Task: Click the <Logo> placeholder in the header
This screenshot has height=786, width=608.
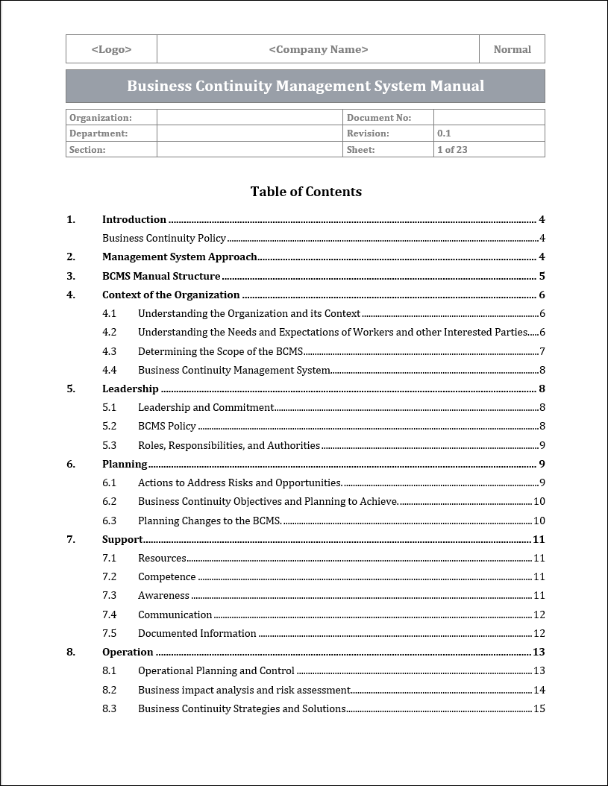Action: tap(111, 49)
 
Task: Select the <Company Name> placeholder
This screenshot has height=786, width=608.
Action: tap(318, 49)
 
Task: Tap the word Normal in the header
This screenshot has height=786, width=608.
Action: tap(512, 49)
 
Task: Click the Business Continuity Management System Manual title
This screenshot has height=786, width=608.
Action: tap(305, 86)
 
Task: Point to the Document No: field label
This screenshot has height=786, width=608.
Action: tap(378, 117)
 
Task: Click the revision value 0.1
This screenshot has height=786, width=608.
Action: tap(444, 133)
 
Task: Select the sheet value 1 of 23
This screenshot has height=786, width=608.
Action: tap(452, 149)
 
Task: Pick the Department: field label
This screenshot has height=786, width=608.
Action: tap(98, 133)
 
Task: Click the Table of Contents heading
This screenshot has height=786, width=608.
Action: tap(306, 192)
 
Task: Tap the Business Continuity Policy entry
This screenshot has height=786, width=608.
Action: tap(164, 239)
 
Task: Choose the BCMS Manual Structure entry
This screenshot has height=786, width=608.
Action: tap(161, 276)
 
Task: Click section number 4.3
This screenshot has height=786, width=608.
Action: tap(109, 351)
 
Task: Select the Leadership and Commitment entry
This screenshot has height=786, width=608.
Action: tap(206, 407)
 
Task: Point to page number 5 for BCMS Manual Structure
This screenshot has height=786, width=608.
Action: tap(542, 276)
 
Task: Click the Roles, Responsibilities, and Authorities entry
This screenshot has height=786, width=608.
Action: tap(229, 445)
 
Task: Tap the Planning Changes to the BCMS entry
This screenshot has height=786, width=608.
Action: tap(210, 521)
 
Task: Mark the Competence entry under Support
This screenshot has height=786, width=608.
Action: tap(167, 576)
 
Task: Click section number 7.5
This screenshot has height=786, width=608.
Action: tap(109, 633)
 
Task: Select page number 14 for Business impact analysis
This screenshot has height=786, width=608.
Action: tap(539, 690)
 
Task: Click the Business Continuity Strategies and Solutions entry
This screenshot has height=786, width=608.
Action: tap(242, 708)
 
